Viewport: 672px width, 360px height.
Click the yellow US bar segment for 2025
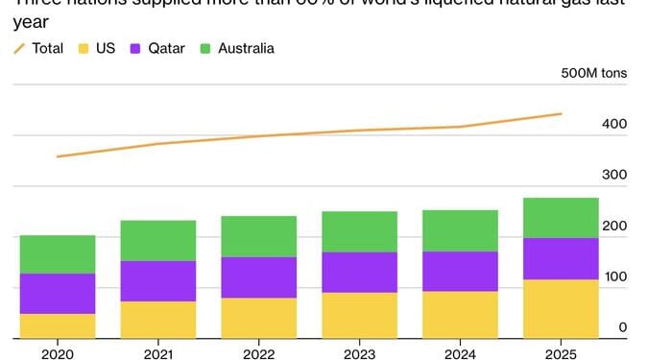pos(561,309)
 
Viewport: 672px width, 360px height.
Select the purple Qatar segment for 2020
pos(58,294)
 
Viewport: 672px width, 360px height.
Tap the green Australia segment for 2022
pos(258,236)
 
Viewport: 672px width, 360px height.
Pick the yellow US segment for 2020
pos(58,326)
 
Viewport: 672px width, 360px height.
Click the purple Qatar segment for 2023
pos(359,273)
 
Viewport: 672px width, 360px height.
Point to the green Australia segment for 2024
pos(460,230)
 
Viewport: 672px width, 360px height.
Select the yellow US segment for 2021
pos(157,320)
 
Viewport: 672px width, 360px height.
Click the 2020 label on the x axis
pos(58,351)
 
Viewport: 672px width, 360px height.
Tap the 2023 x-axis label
pos(359,351)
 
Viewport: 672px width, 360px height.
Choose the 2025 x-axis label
pos(561,351)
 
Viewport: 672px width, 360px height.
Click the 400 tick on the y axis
pos(614,125)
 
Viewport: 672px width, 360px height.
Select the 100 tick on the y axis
pos(615,277)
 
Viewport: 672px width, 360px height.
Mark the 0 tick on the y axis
pos(622,328)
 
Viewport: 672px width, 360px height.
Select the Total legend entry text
pos(48,47)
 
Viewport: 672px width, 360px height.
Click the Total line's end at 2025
pos(561,114)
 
